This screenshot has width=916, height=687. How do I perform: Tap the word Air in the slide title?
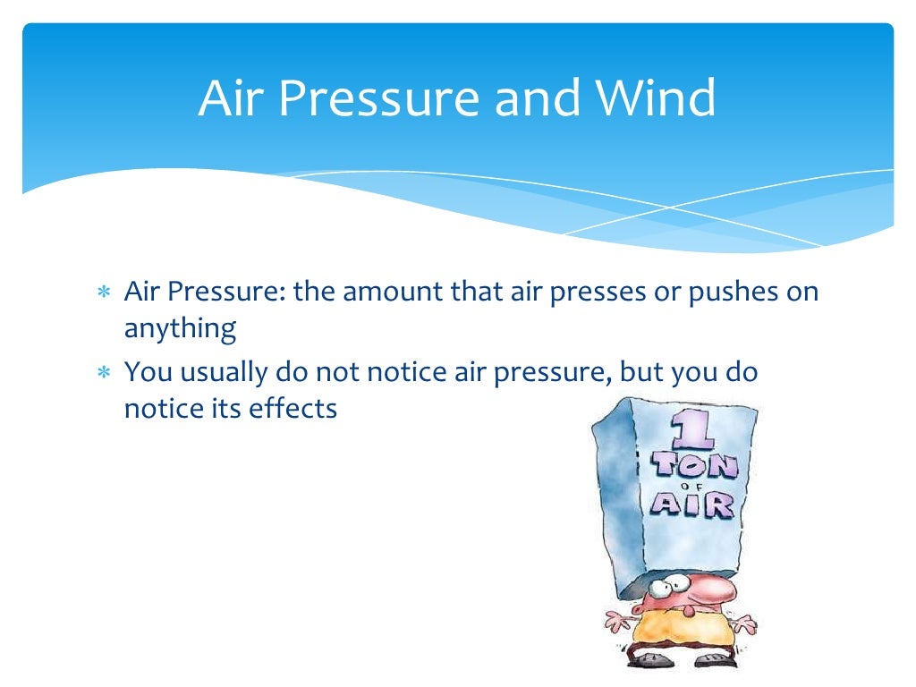228,98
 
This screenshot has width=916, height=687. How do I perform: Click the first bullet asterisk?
104,293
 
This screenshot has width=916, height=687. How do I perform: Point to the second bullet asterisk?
104,372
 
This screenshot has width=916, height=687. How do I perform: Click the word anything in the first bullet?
180,330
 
